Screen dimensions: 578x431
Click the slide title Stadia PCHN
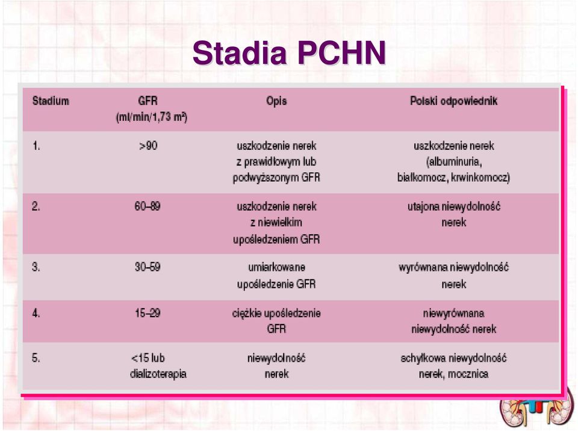click(290, 53)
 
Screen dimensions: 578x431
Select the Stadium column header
click(51, 101)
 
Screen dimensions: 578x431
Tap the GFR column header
click(148, 101)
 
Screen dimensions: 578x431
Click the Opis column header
click(276, 101)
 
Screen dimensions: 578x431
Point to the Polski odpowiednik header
click(454, 101)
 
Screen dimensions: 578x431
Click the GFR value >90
click(148, 146)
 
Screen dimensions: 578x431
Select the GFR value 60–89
click(148, 206)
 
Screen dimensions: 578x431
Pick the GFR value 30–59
click(148, 267)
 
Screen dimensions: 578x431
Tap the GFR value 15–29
click(148, 313)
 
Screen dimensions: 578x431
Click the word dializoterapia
click(158, 374)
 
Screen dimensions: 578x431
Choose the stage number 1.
click(36, 146)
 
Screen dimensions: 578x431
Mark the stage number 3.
click(36, 267)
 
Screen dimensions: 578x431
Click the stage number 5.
click(36, 358)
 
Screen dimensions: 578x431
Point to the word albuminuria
click(454, 162)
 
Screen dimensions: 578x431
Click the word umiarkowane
click(276, 267)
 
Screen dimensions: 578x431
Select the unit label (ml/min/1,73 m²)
click(152, 117)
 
